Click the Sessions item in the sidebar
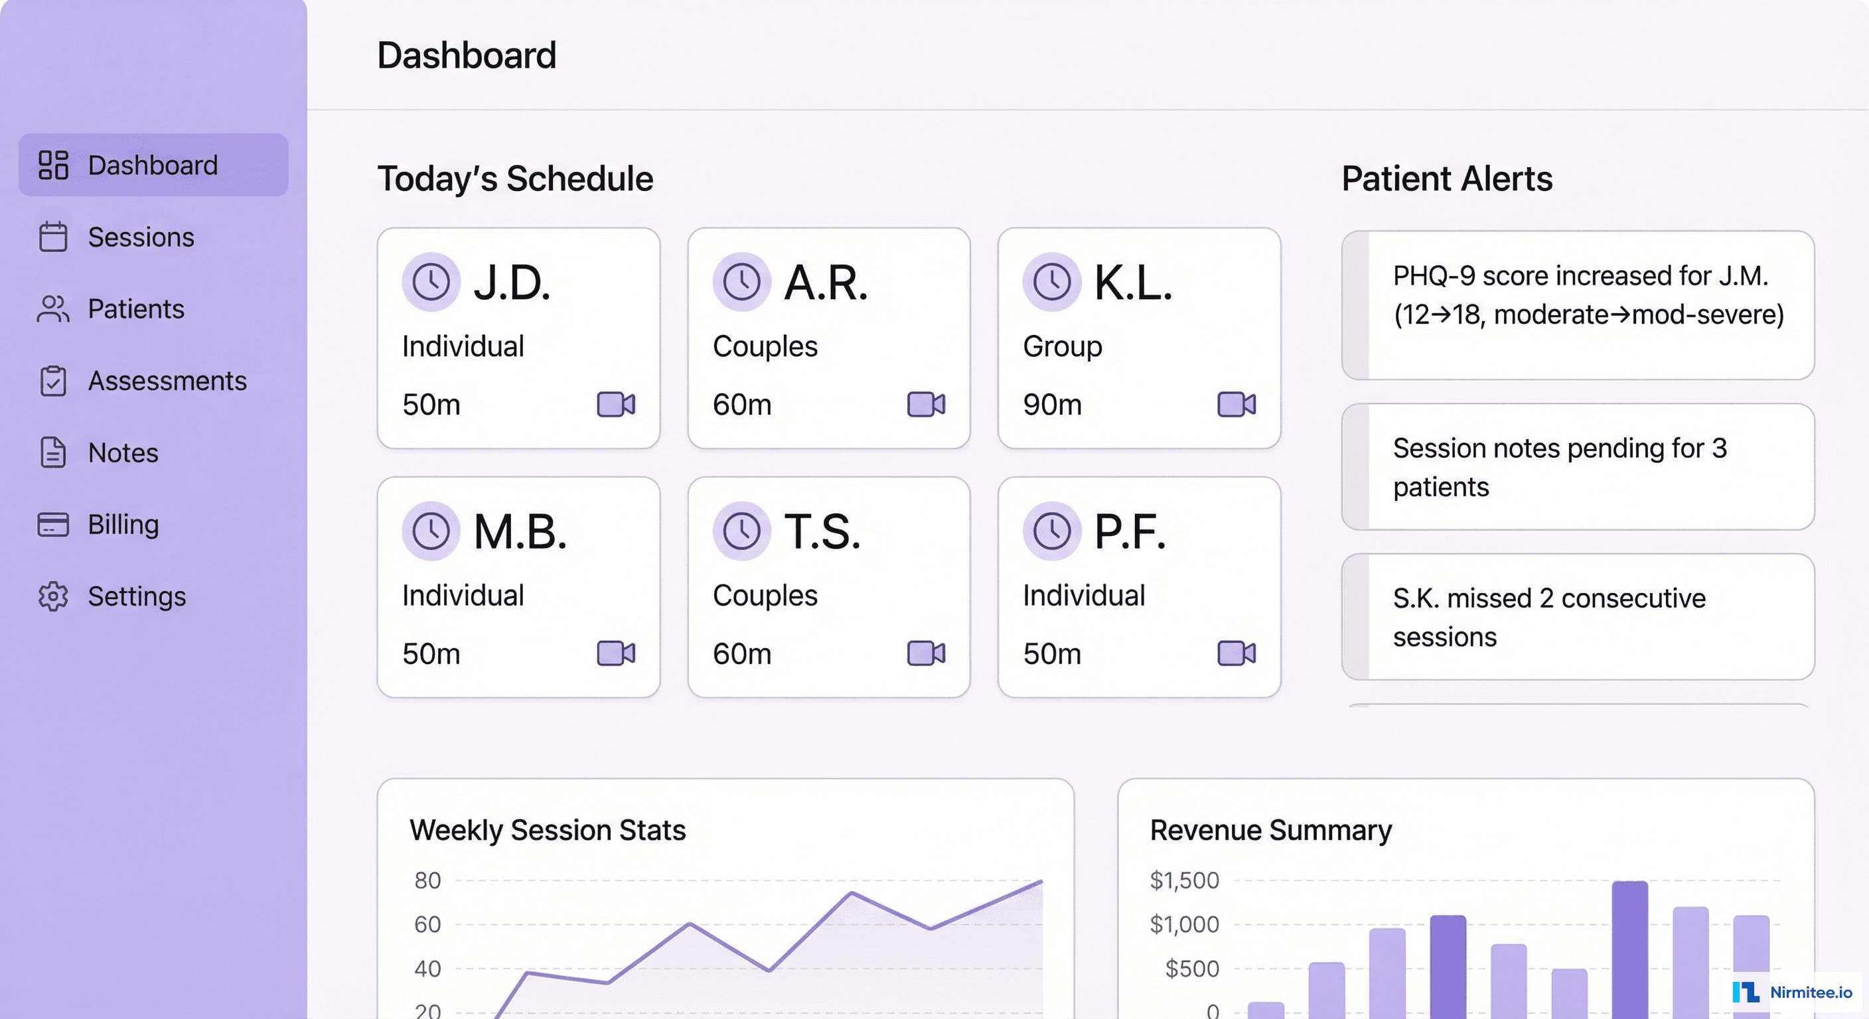coord(140,237)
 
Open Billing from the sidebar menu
coord(123,524)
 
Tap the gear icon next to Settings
coord(53,596)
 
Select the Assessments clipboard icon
coord(53,381)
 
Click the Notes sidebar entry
coord(123,452)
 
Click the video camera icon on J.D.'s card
coord(615,404)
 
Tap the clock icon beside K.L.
coord(1051,282)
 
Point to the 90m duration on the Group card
coord(1052,405)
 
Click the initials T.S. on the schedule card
coord(822,531)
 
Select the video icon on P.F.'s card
coord(1236,653)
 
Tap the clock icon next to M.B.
coord(431,531)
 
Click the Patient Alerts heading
coord(1447,178)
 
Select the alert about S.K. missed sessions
coord(1549,617)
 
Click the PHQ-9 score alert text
coord(1588,295)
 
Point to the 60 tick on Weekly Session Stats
coord(427,925)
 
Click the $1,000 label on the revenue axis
coord(1184,925)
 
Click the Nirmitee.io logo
coord(1793,992)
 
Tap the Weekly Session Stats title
coord(547,831)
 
